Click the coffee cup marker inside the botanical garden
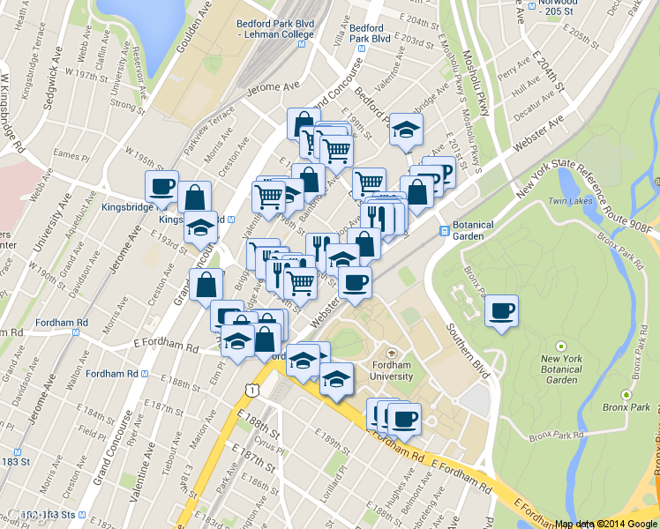(501, 310)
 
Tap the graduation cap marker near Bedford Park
(406, 130)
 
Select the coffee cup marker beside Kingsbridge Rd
(161, 187)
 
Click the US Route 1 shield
(253, 390)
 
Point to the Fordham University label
(392, 370)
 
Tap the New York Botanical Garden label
(561, 369)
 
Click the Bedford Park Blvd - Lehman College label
(274, 28)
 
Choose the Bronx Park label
(627, 407)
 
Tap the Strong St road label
(128, 108)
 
